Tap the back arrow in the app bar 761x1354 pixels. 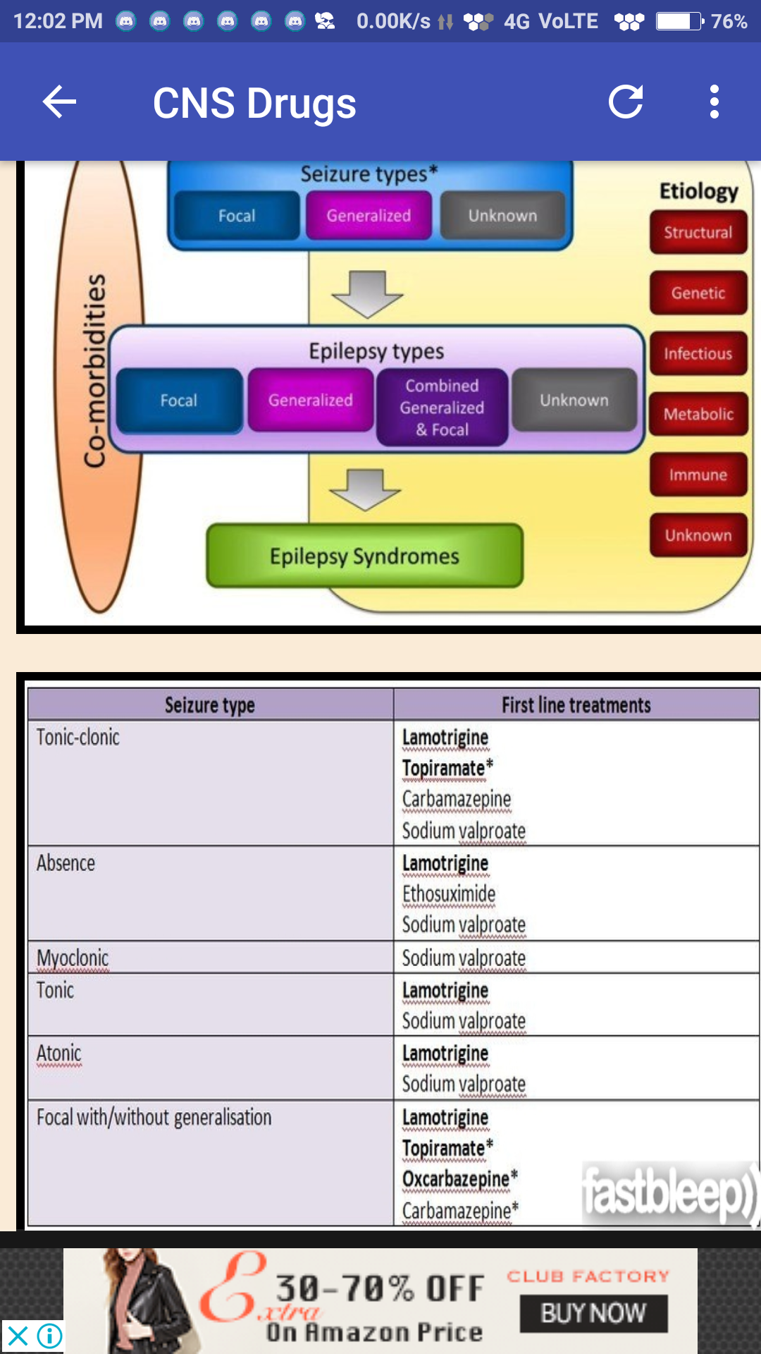(59, 103)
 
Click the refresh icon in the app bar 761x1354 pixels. (626, 102)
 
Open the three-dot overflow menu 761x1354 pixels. (714, 102)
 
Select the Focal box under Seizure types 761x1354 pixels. (237, 216)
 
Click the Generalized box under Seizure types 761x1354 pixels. (369, 216)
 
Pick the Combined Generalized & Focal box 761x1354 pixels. (442, 408)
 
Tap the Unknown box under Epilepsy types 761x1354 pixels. (574, 400)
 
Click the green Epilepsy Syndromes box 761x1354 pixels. (364, 556)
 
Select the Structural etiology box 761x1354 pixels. (698, 233)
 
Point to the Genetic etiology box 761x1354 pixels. (698, 293)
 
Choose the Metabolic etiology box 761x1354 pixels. (698, 415)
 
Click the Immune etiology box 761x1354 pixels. (698, 475)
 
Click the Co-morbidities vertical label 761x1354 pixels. (95, 370)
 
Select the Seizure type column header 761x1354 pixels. (210, 705)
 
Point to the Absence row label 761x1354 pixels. (66, 863)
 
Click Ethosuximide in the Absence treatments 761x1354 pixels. (449, 894)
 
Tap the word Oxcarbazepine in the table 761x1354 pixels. (456, 1179)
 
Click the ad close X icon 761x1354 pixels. (18, 1336)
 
